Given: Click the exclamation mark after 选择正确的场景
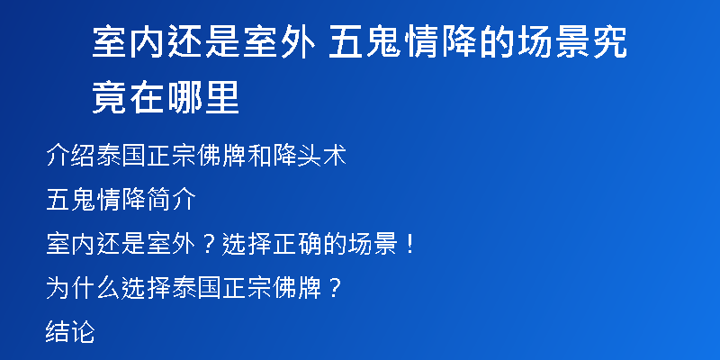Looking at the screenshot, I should pyautogui.click(x=410, y=244).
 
